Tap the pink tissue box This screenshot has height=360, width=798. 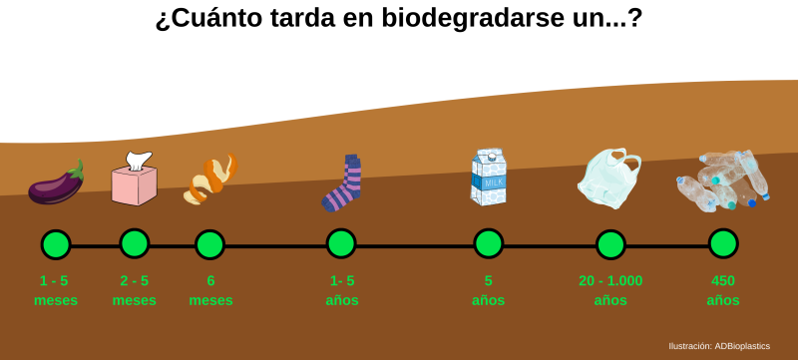(134, 184)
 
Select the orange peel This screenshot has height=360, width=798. (211, 178)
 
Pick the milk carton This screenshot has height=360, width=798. (489, 179)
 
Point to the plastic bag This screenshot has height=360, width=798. (609, 179)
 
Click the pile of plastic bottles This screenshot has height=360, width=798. (723, 180)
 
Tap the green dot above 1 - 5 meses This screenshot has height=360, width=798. (56, 244)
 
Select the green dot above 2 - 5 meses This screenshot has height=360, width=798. (135, 243)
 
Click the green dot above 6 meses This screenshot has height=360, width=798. (209, 244)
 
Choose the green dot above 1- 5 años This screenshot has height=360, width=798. (341, 243)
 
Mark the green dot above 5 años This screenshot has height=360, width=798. (489, 243)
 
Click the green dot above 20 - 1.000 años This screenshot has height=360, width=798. (610, 244)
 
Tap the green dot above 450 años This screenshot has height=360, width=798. (723, 243)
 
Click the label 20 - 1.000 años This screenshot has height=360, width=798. (610, 290)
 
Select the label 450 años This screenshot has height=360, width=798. (723, 290)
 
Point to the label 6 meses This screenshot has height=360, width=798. (210, 290)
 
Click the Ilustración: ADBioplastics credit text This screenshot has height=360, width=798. (719, 346)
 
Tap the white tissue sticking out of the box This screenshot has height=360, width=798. (138, 160)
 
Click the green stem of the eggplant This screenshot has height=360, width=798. (77, 170)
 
